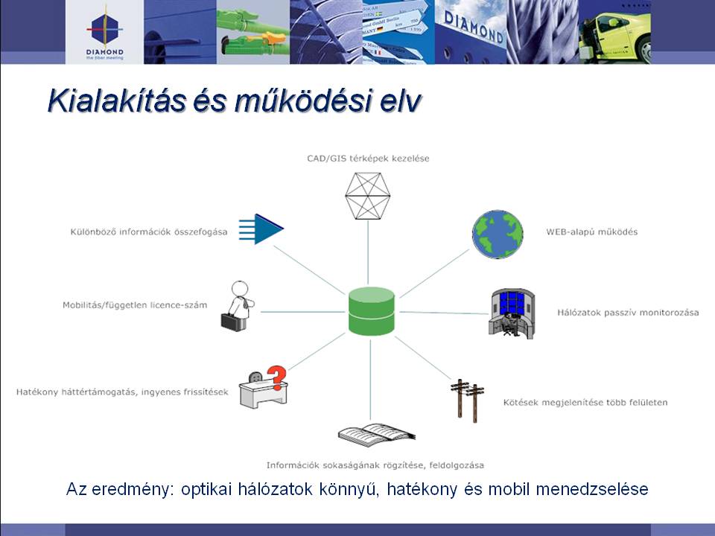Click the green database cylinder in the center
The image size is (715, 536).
tap(371, 311)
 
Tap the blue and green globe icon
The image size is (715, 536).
tap(498, 234)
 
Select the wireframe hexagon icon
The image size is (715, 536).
tap(367, 196)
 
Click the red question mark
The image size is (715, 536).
tap(276, 377)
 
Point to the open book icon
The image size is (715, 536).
tap(377, 435)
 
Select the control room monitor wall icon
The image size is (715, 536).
tap(511, 313)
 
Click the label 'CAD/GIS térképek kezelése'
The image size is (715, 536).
tap(368, 159)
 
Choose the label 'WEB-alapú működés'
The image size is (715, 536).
tap(592, 232)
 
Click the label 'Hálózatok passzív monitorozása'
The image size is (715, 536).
tap(628, 313)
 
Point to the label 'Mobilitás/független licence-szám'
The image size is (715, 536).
tap(135, 305)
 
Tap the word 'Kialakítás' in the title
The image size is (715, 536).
tap(117, 100)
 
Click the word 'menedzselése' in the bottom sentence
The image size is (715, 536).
tap(592, 489)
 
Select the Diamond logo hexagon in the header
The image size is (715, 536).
tap(104, 30)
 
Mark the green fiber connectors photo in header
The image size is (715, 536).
tap(253, 32)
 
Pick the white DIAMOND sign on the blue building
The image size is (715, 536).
tap(474, 28)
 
